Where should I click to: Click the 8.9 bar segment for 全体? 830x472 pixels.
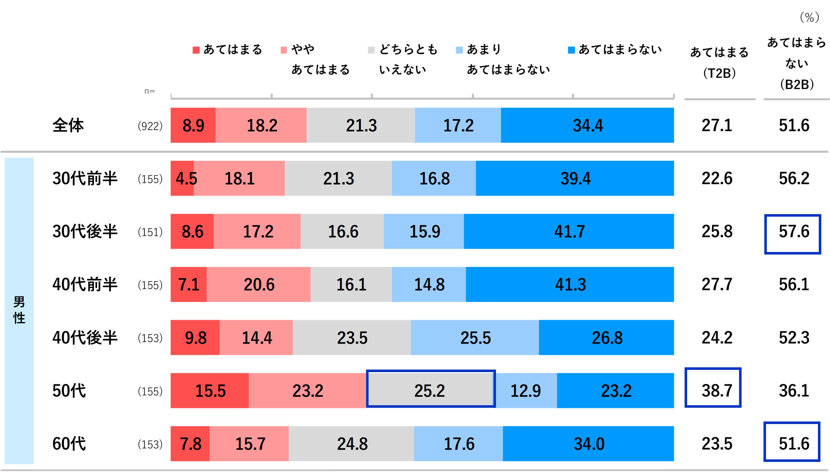point(193,125)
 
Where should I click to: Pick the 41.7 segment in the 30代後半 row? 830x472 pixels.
point(569,232)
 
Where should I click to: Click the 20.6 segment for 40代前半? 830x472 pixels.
point(259,285)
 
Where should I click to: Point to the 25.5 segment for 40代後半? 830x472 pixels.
point(475,338)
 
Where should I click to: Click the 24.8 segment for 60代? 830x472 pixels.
point(351,444)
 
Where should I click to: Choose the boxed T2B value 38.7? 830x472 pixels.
point(713,388)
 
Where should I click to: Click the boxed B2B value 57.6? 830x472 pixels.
point(793,234)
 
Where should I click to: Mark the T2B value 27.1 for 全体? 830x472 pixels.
point(717,125)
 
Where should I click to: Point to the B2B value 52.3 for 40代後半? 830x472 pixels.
point(794,338)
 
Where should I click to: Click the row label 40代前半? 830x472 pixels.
point(85,285)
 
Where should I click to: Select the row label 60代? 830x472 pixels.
point(69,444)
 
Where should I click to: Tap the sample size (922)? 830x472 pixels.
point(150,126)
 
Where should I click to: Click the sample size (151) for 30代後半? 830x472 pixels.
point(150,232)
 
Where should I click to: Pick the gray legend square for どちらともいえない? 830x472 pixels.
point(371,50)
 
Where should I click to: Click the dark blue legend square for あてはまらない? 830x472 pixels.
point(571,50)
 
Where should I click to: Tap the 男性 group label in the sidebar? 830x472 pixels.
point(19,310)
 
